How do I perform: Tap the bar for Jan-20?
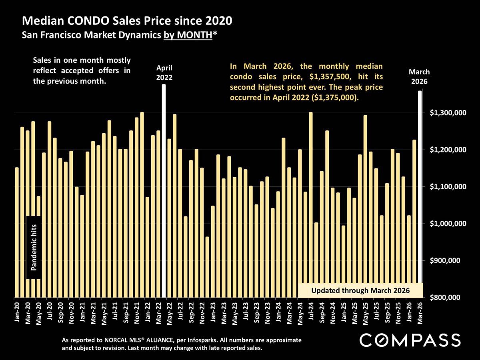tap(16, 232)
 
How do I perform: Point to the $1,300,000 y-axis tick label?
tap(448, 113)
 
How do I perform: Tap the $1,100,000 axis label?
tap(448, 187)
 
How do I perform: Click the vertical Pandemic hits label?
tap(34, 247)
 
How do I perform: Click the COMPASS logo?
tap(410, 340)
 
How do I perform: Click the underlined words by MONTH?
tap(187, 35)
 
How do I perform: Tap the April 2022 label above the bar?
tap(164, 72)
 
